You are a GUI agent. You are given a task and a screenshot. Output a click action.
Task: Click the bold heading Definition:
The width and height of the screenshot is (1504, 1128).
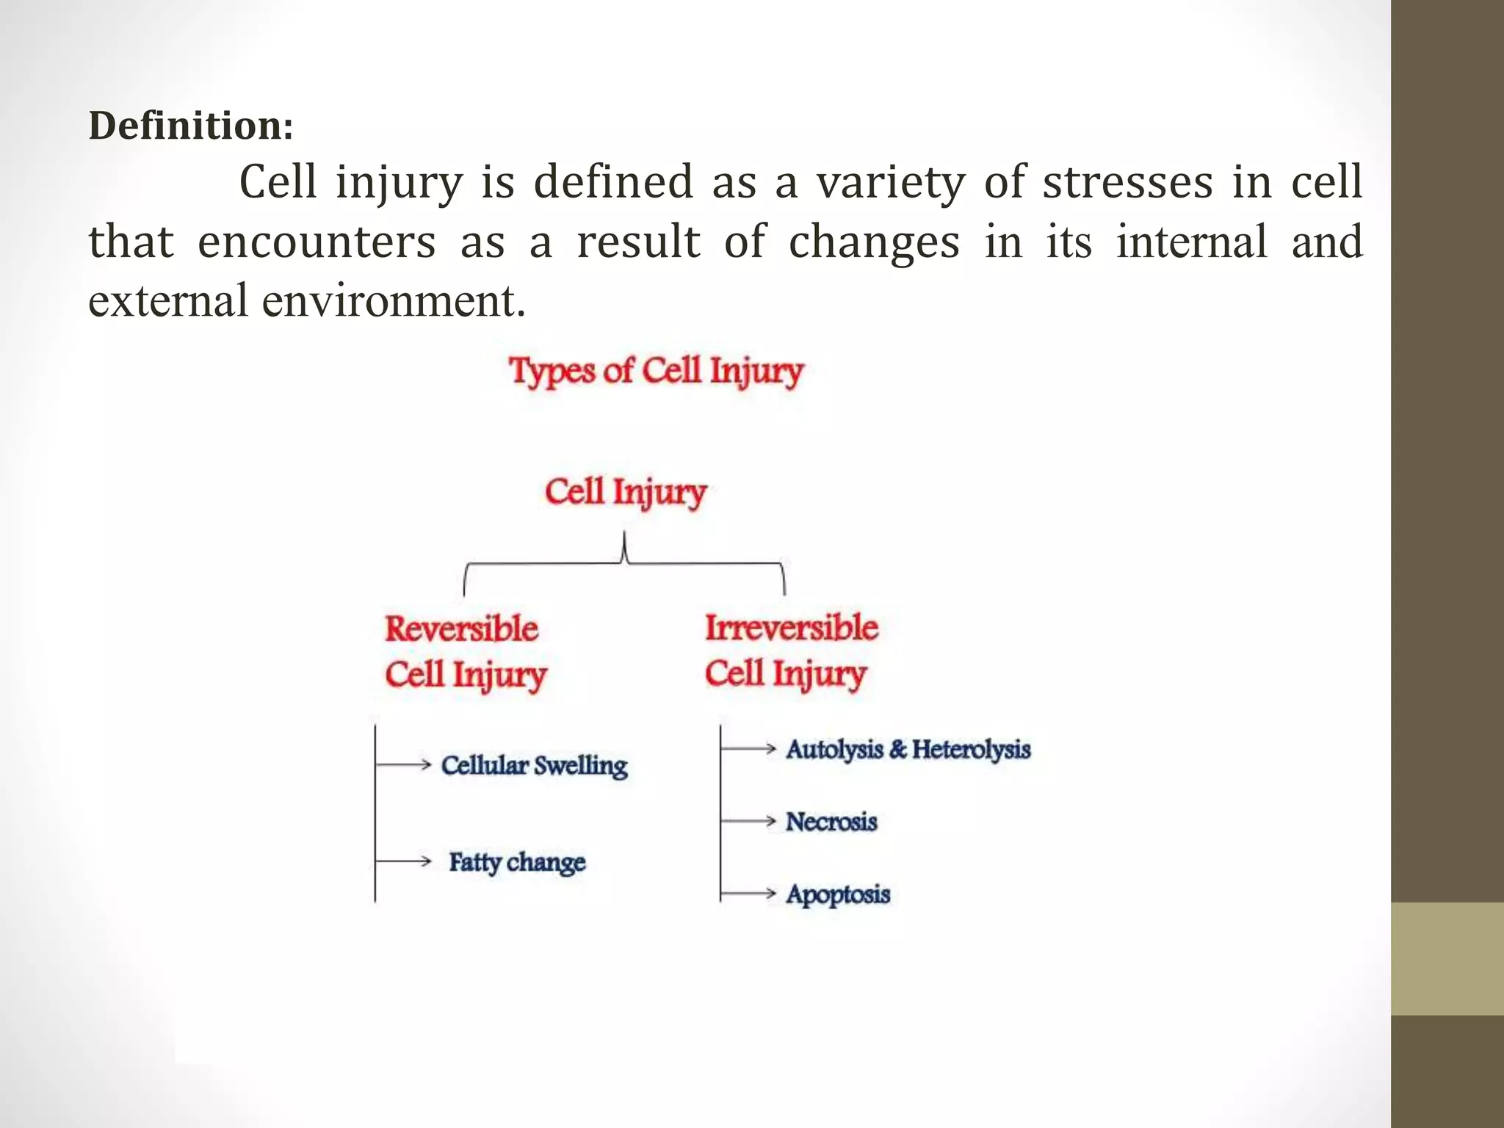tap(191, 126)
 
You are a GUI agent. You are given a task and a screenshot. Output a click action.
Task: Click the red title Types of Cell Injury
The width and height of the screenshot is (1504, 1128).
tap(657, 370)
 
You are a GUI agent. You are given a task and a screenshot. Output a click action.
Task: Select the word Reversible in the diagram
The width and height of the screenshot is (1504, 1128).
tap(461, 629)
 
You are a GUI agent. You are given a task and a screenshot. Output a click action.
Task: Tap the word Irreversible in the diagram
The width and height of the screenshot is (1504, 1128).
tap(792, 627)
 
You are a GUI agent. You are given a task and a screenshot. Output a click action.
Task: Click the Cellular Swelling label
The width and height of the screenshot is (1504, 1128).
tap(534, 765)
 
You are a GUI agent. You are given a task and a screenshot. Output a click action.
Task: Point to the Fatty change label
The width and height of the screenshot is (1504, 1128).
tap(517, 861)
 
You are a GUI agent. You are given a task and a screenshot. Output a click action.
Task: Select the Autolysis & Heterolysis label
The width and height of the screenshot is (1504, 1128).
tap(908, 749)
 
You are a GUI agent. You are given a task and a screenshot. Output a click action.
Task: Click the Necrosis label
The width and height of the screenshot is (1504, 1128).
tap(831, 821)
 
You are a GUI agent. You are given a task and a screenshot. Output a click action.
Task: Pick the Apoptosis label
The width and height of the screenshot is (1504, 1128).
tap(838, 894)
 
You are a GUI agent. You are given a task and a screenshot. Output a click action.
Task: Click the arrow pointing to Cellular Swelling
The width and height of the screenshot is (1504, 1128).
tap(403, 764)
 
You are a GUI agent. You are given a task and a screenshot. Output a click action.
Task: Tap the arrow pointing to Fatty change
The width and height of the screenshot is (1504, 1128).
tap(403, 861)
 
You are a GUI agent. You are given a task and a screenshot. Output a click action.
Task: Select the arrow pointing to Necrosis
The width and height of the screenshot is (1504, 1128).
tap(748, 821)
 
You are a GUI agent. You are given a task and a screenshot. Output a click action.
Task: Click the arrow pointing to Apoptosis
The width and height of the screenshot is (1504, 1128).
tap(748, 893)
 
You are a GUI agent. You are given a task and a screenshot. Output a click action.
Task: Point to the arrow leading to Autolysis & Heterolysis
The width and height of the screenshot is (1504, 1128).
tap(748, 748)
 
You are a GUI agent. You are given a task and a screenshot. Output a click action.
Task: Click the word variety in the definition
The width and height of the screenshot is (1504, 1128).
tap(890, 182)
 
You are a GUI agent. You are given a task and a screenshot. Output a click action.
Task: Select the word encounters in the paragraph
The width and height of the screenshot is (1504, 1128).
tap(317, 242)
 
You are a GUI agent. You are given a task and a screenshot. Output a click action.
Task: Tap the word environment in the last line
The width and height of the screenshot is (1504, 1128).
tap(394, 301)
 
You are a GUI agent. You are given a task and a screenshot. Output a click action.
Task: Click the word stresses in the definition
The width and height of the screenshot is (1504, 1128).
tap(1127, 182)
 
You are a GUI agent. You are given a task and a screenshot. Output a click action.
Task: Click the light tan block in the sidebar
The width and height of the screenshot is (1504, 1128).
tap(1447, 958)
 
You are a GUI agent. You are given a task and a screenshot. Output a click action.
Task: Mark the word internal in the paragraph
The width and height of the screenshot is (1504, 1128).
tap(1191, 242)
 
